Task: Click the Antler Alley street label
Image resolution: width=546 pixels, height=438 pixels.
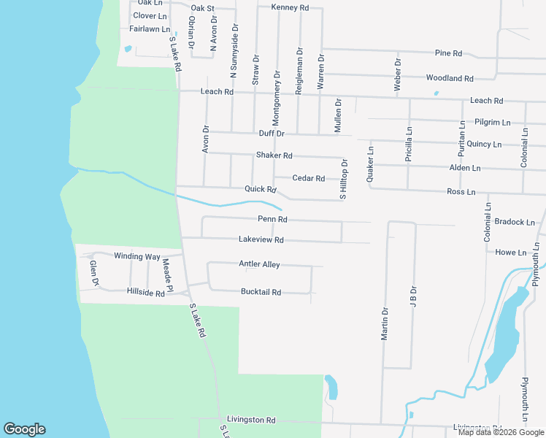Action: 259,264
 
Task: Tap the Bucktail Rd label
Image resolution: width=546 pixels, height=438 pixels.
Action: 261,292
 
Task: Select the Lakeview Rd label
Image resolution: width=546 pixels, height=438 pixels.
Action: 261,239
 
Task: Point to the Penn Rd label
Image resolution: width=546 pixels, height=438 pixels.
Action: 272,219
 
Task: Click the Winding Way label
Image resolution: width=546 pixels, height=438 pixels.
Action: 136,256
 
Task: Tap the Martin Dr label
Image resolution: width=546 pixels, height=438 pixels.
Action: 385,323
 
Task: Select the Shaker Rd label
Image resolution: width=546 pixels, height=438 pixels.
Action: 274,155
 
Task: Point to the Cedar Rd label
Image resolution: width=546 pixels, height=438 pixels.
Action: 308,178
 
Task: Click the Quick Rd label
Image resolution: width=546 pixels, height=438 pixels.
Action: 261,189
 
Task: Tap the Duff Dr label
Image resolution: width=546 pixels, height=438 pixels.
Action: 272,134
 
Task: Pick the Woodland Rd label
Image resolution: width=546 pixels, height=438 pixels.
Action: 450,78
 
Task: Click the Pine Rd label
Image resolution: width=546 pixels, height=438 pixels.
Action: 448,53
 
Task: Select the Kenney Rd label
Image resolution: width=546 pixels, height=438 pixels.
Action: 290,7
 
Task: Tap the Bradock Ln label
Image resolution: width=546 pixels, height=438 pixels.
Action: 515,222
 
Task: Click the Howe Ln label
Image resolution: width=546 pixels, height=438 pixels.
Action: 511,253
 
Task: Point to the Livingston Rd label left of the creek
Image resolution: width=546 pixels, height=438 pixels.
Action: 250,420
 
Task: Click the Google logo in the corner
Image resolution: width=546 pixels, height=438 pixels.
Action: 24,429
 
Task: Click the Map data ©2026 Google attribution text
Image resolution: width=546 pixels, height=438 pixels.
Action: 501,432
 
